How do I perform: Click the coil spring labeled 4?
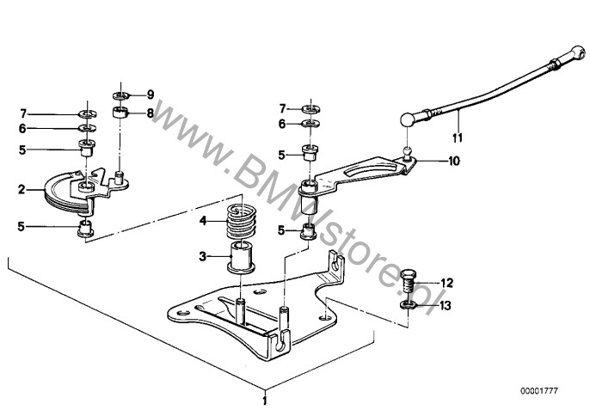[241, 222]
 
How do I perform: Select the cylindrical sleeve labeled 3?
[242, 258]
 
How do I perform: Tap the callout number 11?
[458, 138]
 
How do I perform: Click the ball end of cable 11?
[408, 119]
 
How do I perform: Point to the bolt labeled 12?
[408, 282]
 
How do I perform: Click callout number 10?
[454, 161]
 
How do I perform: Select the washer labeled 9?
[120, 95]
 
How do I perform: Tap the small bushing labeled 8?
[120, 113]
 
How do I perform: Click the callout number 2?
[22, 189]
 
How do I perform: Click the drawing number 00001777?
[539, 391]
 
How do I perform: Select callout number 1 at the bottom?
[265, 400]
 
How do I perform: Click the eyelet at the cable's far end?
[579, 52]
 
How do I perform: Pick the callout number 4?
[203, 221]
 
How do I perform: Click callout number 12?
[446, 283]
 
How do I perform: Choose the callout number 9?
[151, 95]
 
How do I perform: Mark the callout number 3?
[203, 257]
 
